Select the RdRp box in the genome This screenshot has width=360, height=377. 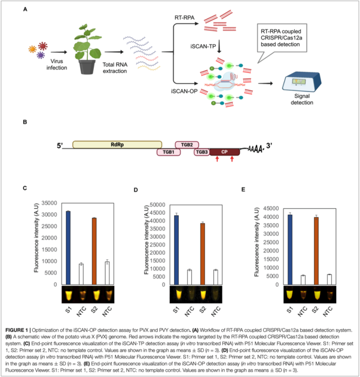pos(117,145)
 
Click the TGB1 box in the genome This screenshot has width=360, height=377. pos(168,153)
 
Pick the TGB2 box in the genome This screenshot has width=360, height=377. pos(186,145)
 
